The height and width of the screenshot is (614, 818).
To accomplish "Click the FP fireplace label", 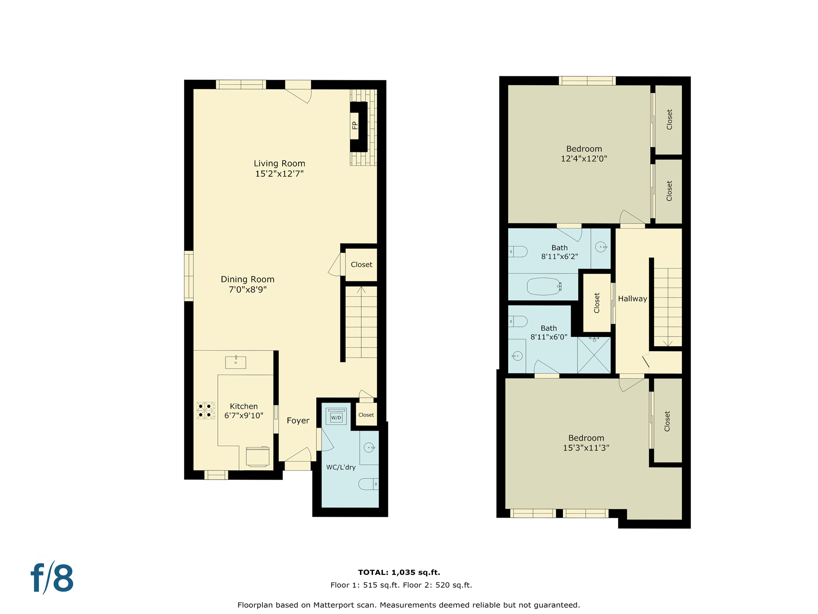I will point(355,126).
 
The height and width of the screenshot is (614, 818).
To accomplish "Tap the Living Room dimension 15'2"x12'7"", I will point(279,173).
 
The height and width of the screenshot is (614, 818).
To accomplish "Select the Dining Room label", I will point(247,279).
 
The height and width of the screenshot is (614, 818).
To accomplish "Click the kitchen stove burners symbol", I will point(206,411).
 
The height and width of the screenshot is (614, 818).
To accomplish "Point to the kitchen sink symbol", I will point(236,362).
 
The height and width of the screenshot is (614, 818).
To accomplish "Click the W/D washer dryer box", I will point(336,417).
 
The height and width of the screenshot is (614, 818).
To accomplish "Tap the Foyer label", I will point(298,421).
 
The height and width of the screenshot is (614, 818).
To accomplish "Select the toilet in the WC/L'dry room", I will point(368,484).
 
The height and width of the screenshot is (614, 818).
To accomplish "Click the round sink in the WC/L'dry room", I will point(369,447).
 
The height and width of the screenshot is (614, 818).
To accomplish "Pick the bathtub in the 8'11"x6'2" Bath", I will point(544,286).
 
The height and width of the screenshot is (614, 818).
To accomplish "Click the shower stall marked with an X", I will point(594,355).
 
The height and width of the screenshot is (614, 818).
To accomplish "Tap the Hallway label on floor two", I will point(632,299).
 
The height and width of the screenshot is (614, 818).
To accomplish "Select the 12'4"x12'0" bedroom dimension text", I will point(584,159).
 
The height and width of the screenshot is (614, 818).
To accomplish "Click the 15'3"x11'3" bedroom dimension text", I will point(586,448).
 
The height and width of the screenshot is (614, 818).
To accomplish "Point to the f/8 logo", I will point(52,578).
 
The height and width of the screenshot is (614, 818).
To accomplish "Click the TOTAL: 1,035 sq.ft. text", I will point(399,572).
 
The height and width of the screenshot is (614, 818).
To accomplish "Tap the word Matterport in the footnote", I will point(333,605).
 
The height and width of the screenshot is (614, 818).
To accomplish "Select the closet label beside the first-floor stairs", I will point(361,265).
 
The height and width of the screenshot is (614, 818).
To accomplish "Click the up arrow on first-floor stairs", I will point(361,289).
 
